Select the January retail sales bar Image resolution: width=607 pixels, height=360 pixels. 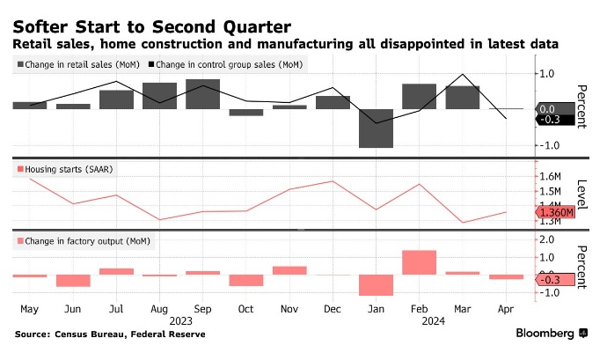(377, 128)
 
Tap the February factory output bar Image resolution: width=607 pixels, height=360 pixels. (420, 262)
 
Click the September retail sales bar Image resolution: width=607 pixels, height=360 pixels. (202, 94)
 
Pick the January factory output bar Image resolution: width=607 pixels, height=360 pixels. (377, 284)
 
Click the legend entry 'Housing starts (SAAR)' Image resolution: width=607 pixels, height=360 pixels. (63, 168)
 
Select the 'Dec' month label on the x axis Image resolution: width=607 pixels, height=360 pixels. (333, 309)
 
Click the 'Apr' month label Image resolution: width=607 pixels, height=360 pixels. (506, 309)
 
